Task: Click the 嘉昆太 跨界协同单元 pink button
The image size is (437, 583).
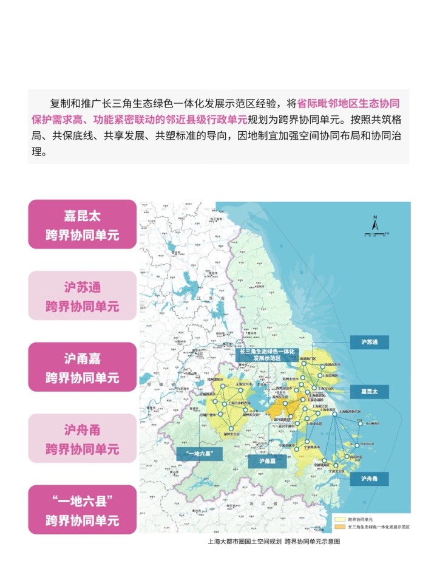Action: click(x=82, y=224)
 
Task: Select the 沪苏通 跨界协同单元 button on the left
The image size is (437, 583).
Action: click(x=82, y=296)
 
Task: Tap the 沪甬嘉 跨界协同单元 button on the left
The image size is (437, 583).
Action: click(x=82, y=367)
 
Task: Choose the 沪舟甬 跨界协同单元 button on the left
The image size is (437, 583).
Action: click(x=82, y=439)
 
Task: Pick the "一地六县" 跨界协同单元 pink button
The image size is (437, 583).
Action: click(x=82, y=510)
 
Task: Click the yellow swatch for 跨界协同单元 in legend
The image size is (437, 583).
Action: click(x=339, y=520)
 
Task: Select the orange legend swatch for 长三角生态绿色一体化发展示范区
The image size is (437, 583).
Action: click(x=339, y=527)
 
